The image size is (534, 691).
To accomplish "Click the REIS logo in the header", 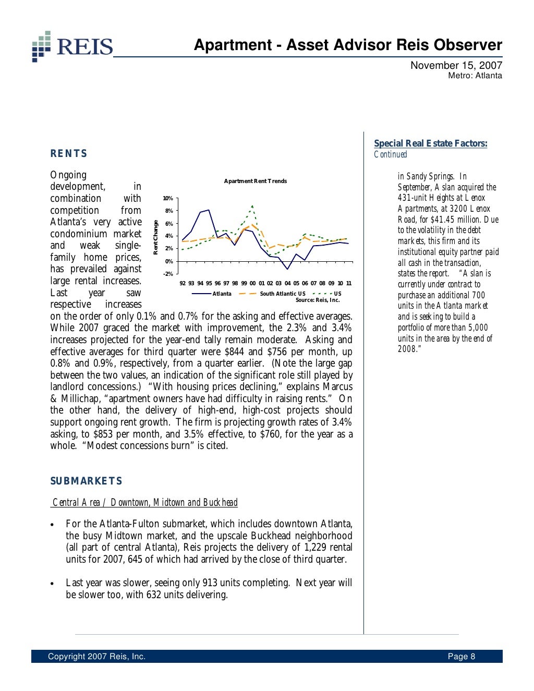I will (x=72, y=46).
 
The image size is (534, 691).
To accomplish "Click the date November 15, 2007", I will (x=456, y=65).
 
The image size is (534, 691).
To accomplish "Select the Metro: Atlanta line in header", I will (x=475, y=76).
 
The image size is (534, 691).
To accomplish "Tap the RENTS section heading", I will (x=69, y=153).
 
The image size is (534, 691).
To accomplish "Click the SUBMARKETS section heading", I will (x=86, y=481).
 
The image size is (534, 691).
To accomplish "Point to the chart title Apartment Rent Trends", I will (x=255, y=181).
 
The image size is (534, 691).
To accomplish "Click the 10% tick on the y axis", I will (x=168, y=199).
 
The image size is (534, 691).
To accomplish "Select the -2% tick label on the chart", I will (x=168, y=274).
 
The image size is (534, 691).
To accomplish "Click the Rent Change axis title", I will (x=155, y=237).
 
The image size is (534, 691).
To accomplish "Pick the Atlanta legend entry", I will (x=222, y=294).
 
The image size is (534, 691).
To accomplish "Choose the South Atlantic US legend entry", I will (x=282, y=294).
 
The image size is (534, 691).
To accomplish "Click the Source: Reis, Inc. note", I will (x=317, y=300).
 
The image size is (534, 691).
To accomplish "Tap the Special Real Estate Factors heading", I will (x=430, y=143).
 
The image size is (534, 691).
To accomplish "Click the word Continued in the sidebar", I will (x=390, y=154).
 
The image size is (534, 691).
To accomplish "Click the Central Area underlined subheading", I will (x=145, y=502).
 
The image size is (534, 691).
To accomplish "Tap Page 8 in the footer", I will (x=461, y=657).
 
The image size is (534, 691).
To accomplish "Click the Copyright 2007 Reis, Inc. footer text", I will (x=96, y=657).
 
